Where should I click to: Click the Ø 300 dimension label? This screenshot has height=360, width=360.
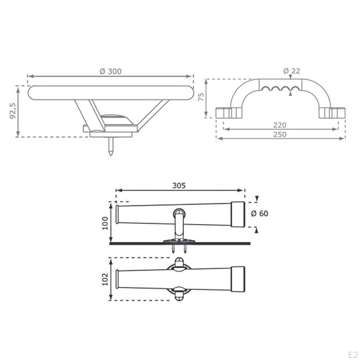(110, 71)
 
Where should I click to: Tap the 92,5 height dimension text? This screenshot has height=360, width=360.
(13, 111)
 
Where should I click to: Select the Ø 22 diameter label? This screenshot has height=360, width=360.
(291, 71)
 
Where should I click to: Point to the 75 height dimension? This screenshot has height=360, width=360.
(201, 97)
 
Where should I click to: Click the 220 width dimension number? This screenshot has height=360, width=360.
(279, 125)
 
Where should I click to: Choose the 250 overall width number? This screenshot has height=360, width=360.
(279, 134)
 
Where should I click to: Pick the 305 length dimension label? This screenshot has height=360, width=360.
(179, 186)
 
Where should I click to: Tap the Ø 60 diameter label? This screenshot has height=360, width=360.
(259, 213)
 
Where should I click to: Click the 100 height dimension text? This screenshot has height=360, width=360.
(105, 223)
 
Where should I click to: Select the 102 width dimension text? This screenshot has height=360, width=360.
(105, 279)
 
